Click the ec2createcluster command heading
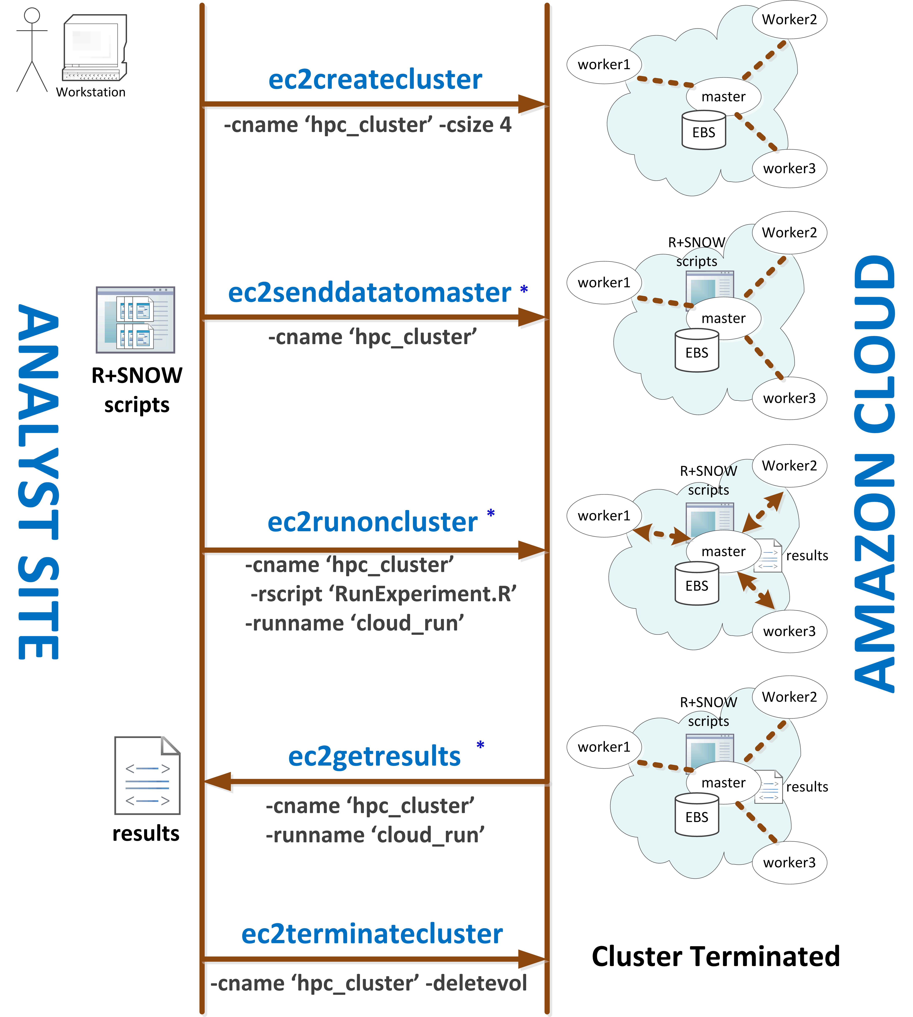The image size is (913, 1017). coord(375,79)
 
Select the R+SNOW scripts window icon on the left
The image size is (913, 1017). coord(135,320)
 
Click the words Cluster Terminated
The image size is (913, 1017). coord(716,956)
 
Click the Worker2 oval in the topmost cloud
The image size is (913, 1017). coord(790,20)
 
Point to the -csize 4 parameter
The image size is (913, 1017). coord(475,124)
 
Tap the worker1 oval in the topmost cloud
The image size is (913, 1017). coord(604,64)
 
